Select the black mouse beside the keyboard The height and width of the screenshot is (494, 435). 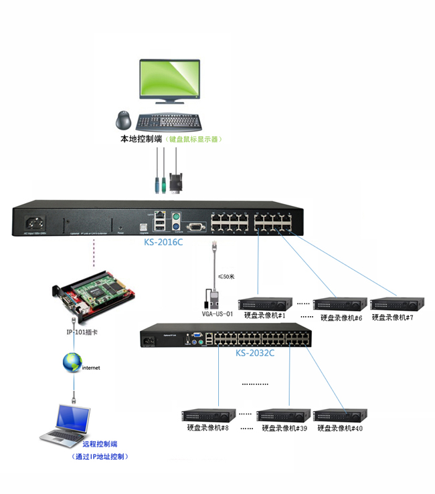coord(124,121)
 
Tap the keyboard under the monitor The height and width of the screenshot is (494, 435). coord(169,122)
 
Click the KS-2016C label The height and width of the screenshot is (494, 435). coord(163,243)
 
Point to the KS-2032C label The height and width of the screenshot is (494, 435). coord(255,352)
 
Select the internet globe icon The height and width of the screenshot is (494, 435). coord(72,363)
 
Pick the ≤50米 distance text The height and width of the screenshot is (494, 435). coord(228,276)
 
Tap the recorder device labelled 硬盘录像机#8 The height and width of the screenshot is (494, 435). coord(209,415)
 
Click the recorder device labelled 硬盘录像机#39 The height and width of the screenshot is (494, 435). coord(284,415)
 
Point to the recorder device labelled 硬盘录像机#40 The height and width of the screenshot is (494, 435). coord(340,415)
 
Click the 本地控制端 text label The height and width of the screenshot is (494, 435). coord(141,139)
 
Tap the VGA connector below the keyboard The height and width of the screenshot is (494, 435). coord(177,183)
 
